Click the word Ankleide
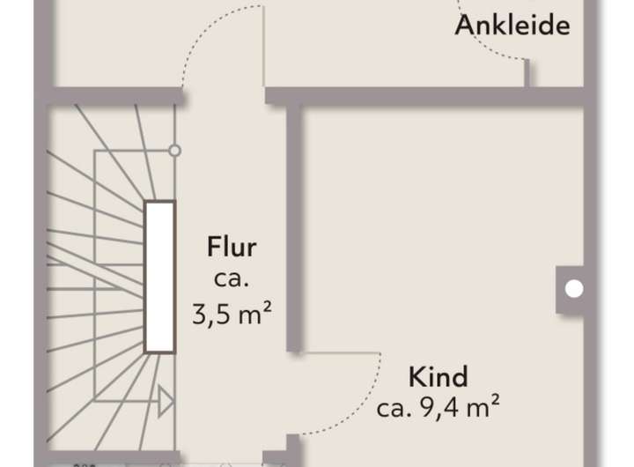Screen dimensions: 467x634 (x=512, y=26)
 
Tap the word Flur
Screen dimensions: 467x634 (x=232, y=247)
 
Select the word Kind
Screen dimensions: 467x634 (x=438, y=378)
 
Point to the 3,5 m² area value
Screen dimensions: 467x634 (x=232, y=313)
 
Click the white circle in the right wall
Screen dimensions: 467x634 (x=573, y=288)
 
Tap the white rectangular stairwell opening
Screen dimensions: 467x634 (x=160, y=275)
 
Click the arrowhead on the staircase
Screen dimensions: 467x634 (x=165, y=402)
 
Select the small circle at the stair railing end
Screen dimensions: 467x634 (x=174, y=151)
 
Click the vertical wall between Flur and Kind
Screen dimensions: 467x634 (x=295, y=229)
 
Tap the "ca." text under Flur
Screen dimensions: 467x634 (x=232, y=279)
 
